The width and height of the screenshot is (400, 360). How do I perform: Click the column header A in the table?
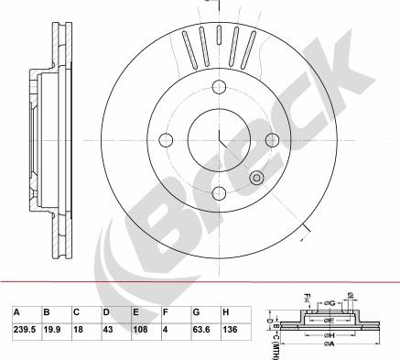pyautogui.click(x=15, y=311)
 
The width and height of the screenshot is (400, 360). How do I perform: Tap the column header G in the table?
pyautogui.click(x=194, y=311)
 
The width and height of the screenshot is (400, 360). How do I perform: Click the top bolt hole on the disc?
pyautogui.click(x=220, y=88)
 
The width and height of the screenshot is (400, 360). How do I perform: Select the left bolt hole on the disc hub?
pyautogui.click(x=168, y=140)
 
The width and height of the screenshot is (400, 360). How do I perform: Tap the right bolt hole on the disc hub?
pyautogui.click(x=272, y=139)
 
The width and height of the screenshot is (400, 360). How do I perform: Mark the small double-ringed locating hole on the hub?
pyautogui.click(x=257, y=177)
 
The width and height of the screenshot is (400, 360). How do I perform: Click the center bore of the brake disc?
pyautogui.click(x=220, y=139)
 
